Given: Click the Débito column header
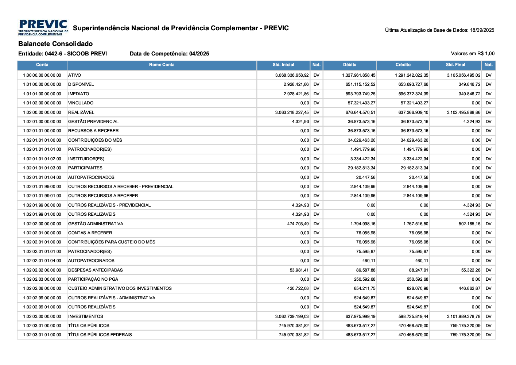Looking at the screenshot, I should pos(349,65).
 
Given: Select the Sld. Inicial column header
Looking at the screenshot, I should pos(283,65).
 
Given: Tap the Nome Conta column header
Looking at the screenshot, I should pos(162,65).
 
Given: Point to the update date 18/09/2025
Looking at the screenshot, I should pos(482,30).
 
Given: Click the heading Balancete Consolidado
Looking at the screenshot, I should pos(55,44).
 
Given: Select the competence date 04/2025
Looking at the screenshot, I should pos(199,54).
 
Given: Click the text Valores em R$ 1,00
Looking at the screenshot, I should pos(473,54).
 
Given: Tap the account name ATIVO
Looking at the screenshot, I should pos(75,75).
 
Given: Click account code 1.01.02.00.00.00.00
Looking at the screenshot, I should pos(42,103).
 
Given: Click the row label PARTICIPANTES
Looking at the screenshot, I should pos(85,168).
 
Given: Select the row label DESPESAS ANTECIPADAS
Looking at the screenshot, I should pos(96,270).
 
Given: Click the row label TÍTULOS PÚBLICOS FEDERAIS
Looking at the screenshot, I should pos(100,335).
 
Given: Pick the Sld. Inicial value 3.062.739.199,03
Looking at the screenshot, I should pos(292,316).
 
